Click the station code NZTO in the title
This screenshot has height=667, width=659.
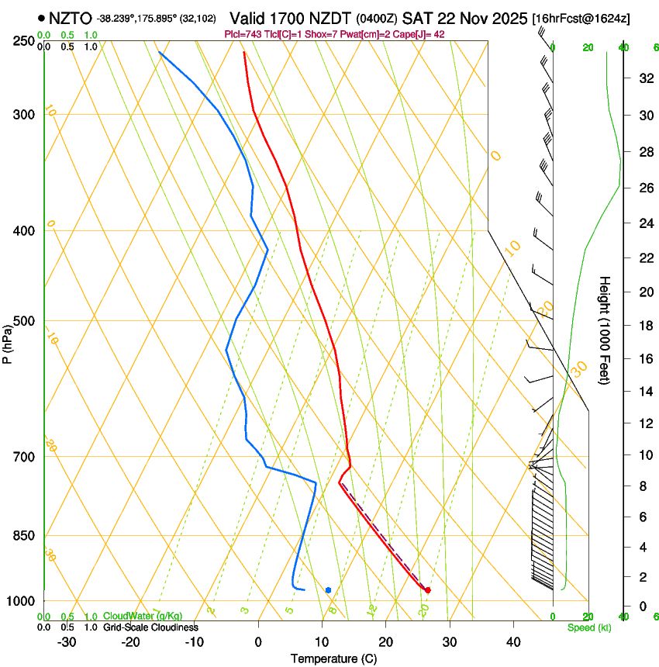pos(71,18)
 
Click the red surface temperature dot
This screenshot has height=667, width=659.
pos(428,590)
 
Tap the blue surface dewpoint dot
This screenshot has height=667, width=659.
pos(329,590)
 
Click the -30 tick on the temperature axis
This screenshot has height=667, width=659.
pos(67,641)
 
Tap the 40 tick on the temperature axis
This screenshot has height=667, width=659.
pos(513,641)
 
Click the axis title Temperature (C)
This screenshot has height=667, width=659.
pos(333,658)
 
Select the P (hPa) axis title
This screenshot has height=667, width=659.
pos(7,342)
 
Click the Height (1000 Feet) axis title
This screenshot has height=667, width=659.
pos(606,330)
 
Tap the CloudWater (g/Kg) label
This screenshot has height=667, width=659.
pos(143,617)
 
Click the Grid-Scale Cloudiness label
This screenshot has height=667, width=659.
pos(150,627)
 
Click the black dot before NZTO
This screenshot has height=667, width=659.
pos(41,18)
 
